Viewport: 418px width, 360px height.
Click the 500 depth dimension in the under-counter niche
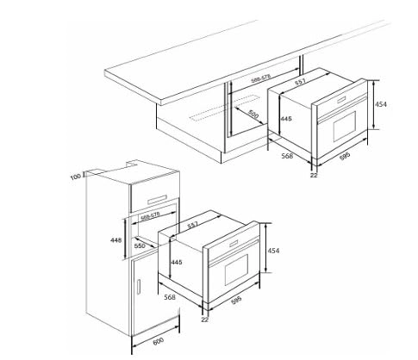tap(253, 114)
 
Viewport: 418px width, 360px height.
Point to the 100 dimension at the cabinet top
tap(75, 177)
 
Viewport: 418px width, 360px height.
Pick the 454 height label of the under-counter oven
tap(382, 104)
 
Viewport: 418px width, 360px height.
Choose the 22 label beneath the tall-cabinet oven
tap(204, 318)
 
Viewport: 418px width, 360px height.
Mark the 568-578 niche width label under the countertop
tap(263, 79)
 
